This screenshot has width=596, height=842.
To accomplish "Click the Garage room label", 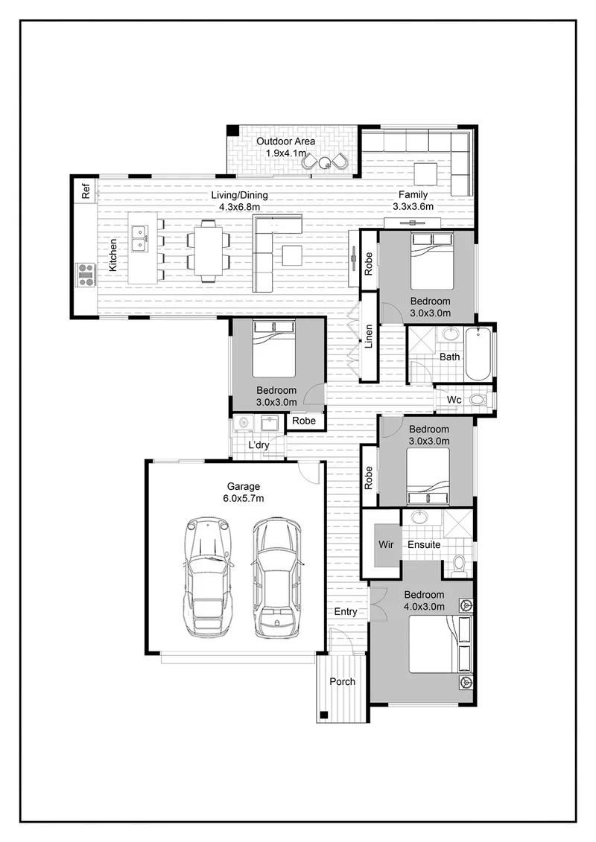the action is tap(244, 486).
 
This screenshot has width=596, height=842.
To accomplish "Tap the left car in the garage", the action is tap(209, 577).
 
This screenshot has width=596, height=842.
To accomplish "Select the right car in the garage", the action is tap(276, 577).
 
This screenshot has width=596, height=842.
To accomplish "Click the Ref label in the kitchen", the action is tap(86, 191).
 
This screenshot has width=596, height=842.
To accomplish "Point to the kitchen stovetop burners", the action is tap(86, 274).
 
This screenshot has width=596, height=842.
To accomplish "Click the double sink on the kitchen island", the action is tap(140, 239).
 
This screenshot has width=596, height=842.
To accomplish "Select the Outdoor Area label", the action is tap(285, 141).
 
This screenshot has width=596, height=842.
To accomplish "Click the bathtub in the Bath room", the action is tap(479, 354).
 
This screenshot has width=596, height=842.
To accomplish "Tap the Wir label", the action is tap(386, 544).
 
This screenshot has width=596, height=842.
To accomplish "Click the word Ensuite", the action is tap(424, 544).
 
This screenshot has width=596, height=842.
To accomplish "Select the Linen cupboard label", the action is tap(369, 337).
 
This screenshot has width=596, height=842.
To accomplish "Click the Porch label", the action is tap(343, 681).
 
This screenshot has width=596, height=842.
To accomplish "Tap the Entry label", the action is tap(346, 612).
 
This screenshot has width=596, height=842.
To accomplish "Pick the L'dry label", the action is tap(259, 445).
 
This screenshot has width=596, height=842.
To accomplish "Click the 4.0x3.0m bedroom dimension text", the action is tap(425, 607).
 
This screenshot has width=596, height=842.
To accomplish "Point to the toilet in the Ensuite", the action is tap(459, 566).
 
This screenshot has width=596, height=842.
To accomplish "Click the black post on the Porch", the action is tap(323, 715).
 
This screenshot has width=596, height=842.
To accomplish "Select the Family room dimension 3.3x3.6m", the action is tap(413, 206).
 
